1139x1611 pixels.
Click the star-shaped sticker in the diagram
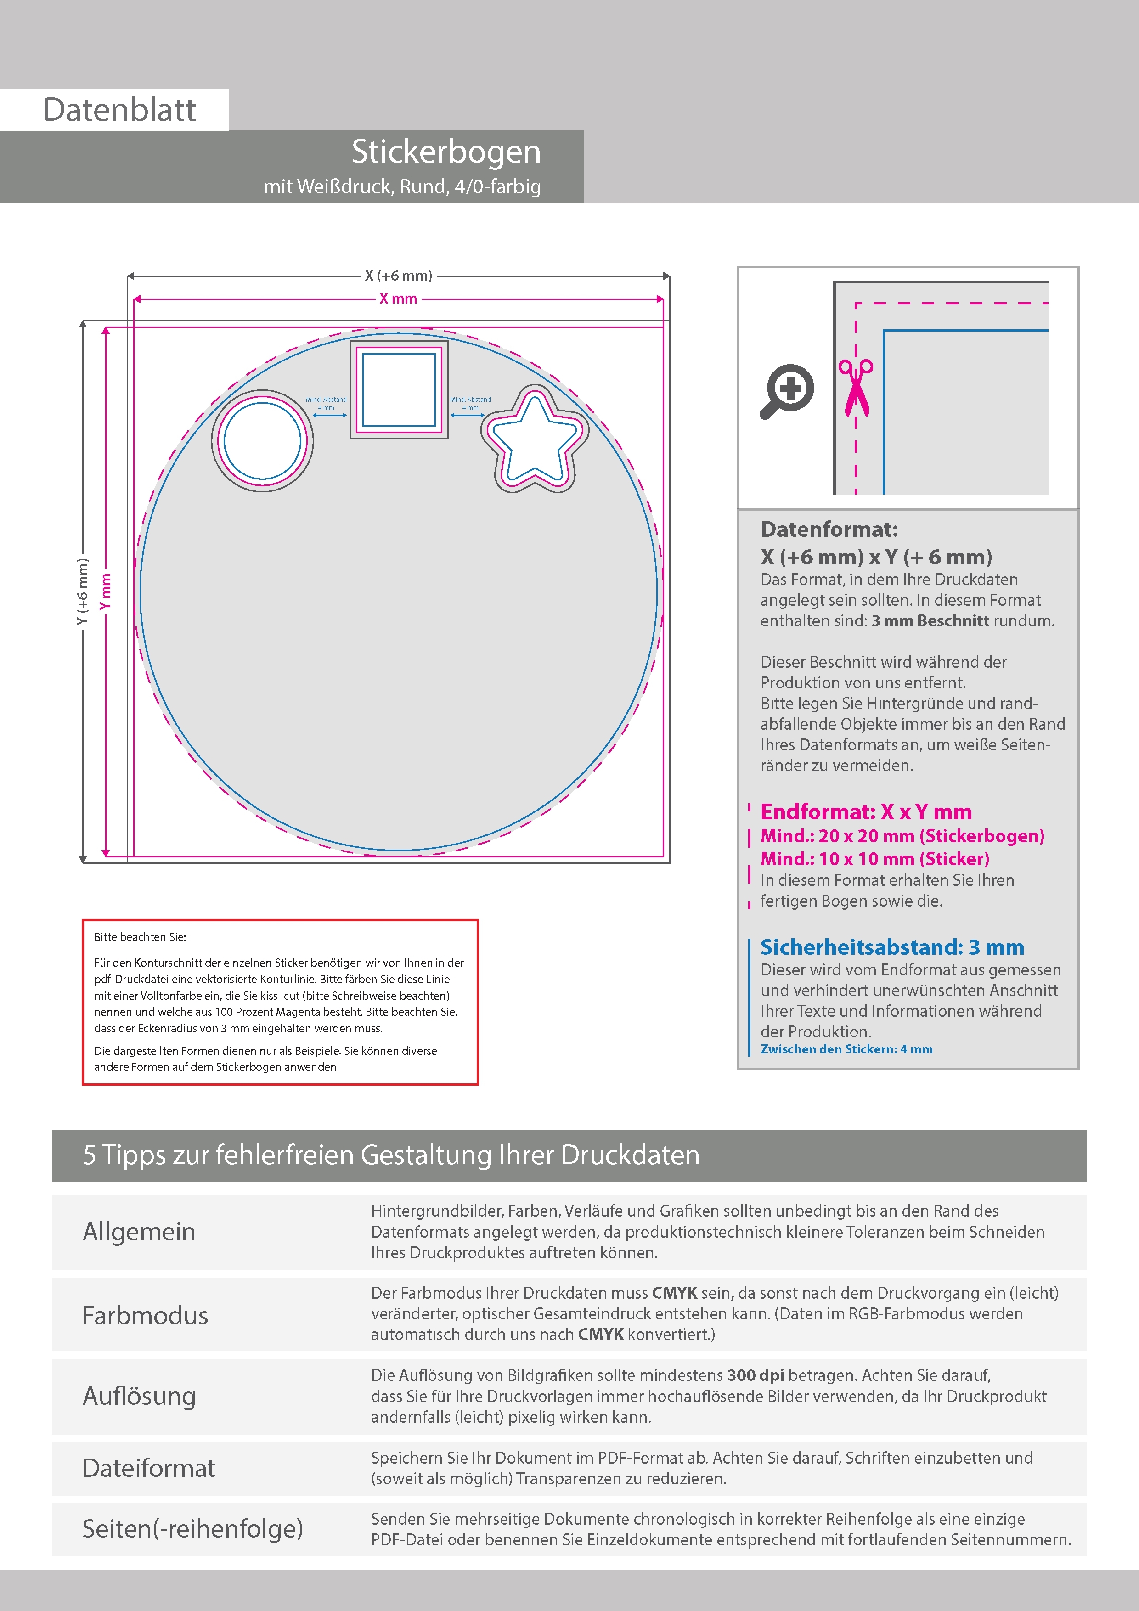535,439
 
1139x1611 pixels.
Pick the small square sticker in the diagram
399,390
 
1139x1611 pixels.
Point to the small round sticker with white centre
262,441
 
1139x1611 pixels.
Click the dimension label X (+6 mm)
398,276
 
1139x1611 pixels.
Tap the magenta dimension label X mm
398,299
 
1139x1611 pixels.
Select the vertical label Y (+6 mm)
83,591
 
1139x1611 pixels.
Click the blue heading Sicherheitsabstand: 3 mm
892,947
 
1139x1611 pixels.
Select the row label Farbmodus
145,1316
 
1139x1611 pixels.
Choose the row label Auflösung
139,1396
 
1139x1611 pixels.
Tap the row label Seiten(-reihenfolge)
193,1528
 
